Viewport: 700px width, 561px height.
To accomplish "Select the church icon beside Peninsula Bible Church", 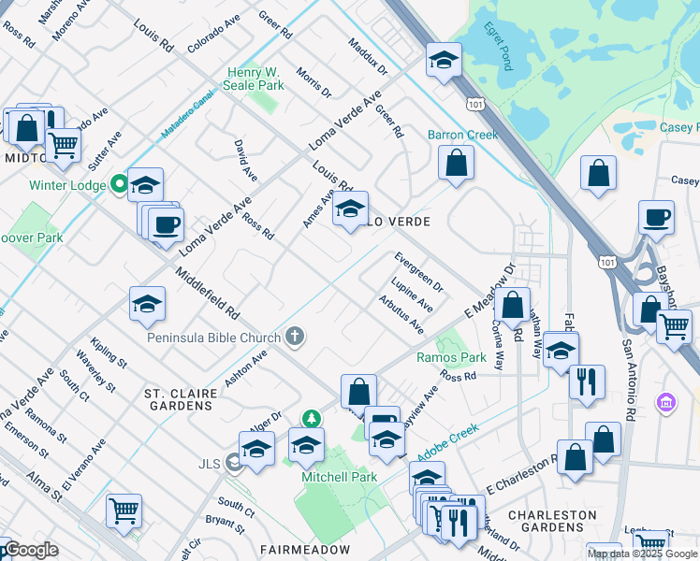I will tap(295, 337).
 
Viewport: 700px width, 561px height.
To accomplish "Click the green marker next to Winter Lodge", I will tap(119, 184).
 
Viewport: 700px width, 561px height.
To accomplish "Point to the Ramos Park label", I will tap(451, 357).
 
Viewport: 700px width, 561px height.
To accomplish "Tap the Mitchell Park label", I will tap(338, 477).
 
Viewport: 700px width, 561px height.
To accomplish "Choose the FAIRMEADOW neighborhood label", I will tap(292, 549).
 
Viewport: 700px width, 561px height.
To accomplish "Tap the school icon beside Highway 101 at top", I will tap(444, 61).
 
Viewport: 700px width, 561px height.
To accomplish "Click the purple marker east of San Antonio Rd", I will tap(666, 403).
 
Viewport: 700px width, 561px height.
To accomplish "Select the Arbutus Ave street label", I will tap(401, 315).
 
